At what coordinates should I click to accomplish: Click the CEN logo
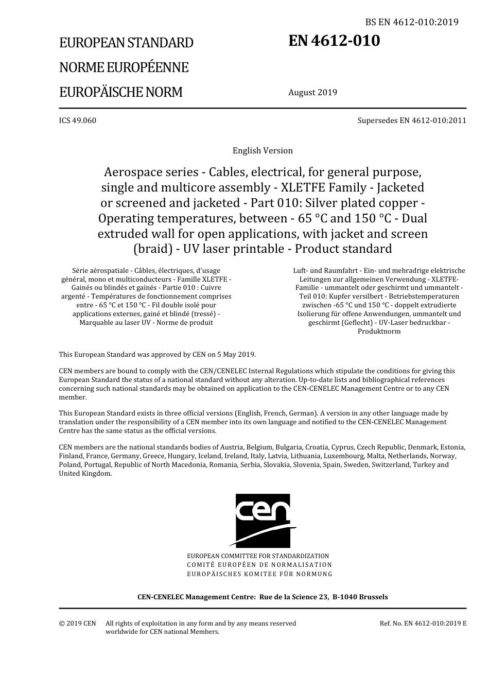tap(263, 521)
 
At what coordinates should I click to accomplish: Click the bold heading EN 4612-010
tap(334, 41)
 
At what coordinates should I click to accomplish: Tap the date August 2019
tap(312, 93)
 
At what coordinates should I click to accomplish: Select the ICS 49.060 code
tap(77, 120)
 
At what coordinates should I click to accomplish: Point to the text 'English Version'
tap(263, 151)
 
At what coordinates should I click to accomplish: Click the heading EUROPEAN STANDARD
tap(126, 43)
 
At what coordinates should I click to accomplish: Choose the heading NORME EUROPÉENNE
tap(124, 67)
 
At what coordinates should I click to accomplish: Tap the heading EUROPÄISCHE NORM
tap(120, 92)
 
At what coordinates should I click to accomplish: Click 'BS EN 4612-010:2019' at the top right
tap(411, 22)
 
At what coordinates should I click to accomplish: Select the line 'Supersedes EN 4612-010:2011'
tap(412, 120)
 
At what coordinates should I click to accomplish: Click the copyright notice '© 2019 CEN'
tap(77, 623)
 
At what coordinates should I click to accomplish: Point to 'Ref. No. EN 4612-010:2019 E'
tap(423, 623)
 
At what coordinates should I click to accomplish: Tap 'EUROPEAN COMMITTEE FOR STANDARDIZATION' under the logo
tap(258, 556)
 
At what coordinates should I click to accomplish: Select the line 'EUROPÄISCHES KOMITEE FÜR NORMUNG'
tap(259, 574)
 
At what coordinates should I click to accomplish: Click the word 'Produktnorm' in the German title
tap(379, 331)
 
